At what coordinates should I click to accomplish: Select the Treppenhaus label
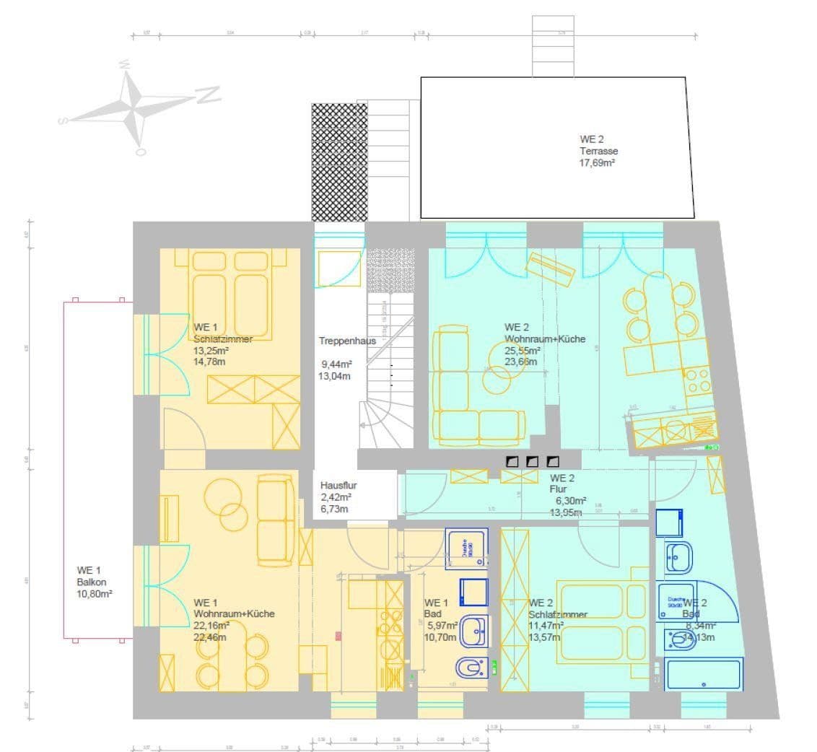[x=347, y=341]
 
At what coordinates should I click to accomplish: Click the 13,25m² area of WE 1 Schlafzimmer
[x=209, y=351]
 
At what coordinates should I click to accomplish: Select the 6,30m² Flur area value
[x=571, y=500]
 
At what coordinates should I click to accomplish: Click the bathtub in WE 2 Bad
[x=704, y=675]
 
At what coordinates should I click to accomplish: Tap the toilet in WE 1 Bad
[x=471, y=665]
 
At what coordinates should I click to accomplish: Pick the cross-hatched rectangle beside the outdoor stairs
[x=339, y=162]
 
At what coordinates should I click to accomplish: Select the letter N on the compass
[x=207, y=94]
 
